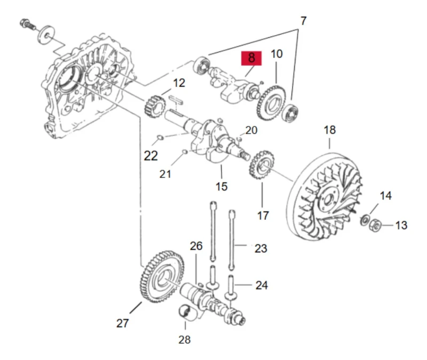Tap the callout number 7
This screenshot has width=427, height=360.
click(304, 22)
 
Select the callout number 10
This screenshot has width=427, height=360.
click(276, 54)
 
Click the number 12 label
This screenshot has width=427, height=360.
click(179, 83)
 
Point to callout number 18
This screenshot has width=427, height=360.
click(329, 130)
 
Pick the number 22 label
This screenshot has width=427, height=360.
click(151, 156)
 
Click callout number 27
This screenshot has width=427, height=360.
click(123, 323)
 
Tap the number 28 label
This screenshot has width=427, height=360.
click(184, 339)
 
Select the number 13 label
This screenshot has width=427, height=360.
click(401, 225)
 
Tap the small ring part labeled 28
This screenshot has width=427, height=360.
click(185, 313)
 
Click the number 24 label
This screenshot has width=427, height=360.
click(261, 285)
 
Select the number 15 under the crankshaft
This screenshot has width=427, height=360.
click(222, 186)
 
